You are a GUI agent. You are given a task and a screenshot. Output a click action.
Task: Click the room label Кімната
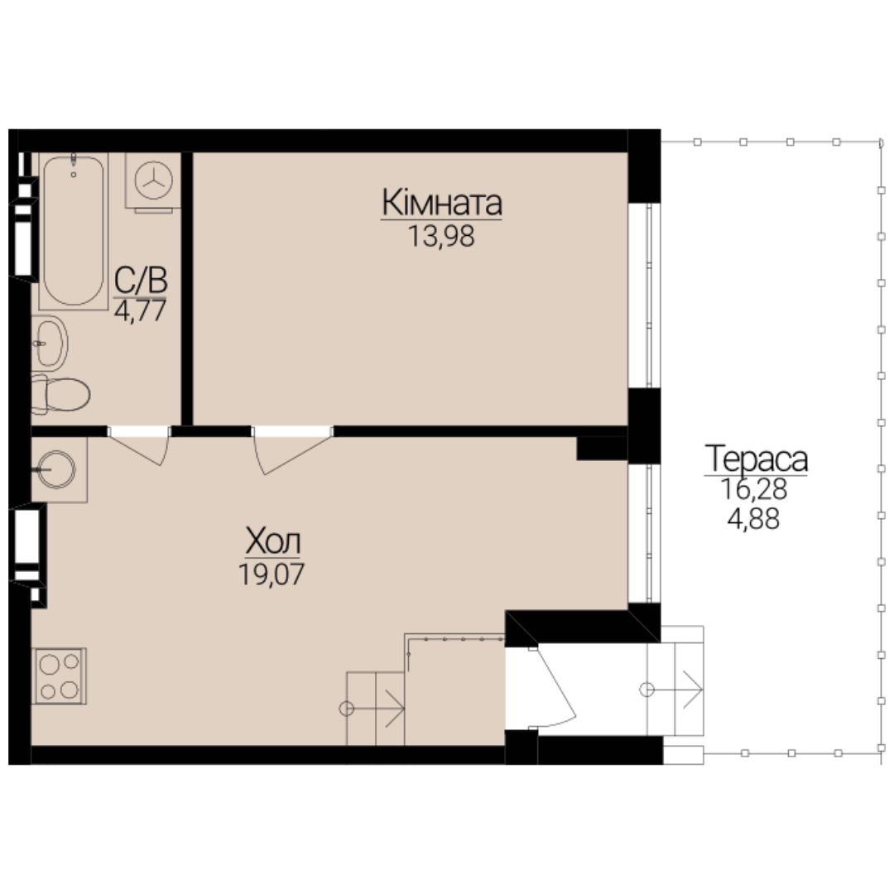tap(442, 203)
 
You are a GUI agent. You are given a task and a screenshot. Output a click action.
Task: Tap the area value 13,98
tap(441, 236)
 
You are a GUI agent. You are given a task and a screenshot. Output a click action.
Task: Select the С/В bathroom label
tap(140, 281)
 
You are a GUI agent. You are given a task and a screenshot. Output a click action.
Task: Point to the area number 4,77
tap(140, 311)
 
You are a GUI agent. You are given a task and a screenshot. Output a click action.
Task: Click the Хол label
tap(272, 541)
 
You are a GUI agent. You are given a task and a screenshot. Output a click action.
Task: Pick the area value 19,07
tap(272, 574)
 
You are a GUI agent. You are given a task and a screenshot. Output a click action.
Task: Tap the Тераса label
tap(756, 459)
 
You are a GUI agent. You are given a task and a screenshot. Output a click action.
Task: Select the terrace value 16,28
tap(754, 489)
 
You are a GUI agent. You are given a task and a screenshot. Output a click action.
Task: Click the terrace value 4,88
tap(753, 519)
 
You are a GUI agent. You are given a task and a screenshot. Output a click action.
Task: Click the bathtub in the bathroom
tap(74, 231)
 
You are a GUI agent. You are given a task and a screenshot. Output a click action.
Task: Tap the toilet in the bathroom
tap(60, 394)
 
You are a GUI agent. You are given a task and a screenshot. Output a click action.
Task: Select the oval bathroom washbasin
tap(50, 344)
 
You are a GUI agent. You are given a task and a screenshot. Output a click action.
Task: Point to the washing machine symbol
tap(153, 180)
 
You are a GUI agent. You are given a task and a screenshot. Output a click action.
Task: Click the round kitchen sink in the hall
tap(56, 470)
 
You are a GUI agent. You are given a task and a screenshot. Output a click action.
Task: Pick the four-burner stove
tap(59, 675)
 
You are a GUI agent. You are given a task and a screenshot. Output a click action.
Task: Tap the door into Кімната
tap(292, 450)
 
